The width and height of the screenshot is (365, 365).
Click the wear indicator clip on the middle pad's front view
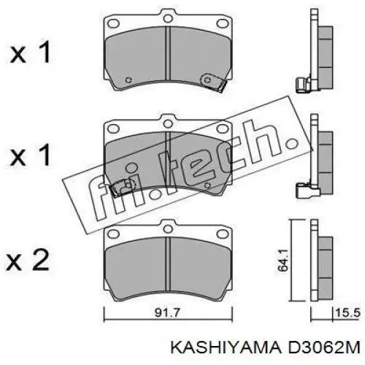[x=117, y=191]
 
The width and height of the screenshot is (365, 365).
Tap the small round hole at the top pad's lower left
[x=128, y=80]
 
